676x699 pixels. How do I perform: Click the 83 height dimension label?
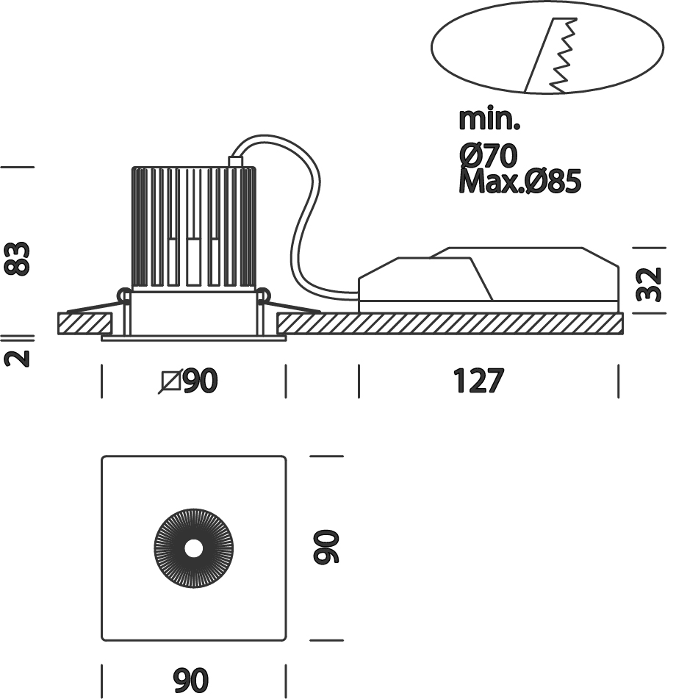pyautogui.click(x=18, y=257)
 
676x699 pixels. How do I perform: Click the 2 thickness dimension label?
pyautogui.click(x=18, y=358)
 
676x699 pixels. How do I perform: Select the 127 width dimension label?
pyautogui.click(x=478, y=381)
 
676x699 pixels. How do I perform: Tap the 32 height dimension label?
pyautogui.click(x=647, y=284)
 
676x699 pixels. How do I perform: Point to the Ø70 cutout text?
pyautogui.click(x=489, y=155)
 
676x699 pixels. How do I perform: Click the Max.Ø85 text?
pyautogui.click(x=519, y=181)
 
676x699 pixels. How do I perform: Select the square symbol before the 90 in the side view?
pyautogui.click(x=170, y=381)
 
